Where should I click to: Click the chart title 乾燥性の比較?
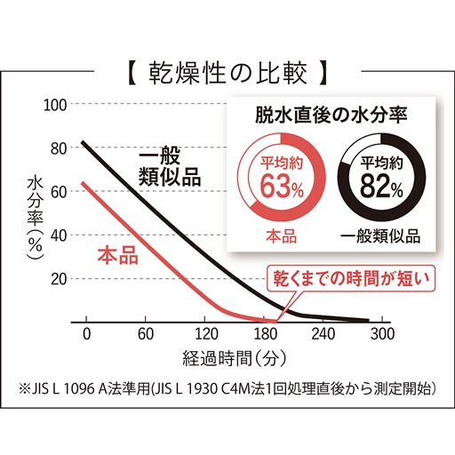[227, 68]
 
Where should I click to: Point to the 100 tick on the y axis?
[56, 104]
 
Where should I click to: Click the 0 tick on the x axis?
[86, 335]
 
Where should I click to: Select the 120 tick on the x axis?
[204, 335]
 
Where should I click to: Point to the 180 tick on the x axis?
[264, 335]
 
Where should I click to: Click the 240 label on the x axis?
[323, 335]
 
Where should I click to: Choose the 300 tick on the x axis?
[382, 335]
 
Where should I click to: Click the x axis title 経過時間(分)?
[234, 360]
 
